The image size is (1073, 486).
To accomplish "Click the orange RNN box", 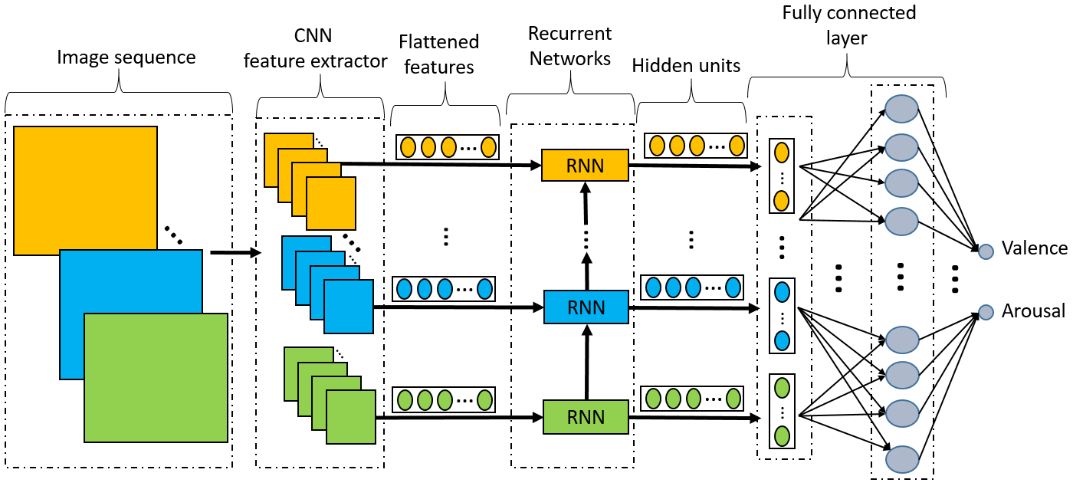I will (585, 166).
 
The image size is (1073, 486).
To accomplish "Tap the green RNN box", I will (586, 417).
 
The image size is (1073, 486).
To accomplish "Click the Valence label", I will (1034, 248).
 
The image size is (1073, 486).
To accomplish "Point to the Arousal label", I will (1034, 311).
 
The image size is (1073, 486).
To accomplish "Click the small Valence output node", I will (986, 251).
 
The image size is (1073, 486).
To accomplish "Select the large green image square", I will (156, 377).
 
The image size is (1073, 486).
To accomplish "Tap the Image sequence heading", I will (126, 57).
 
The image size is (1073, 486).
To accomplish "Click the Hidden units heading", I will (686, 66).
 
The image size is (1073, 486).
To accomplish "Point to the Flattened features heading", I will (439, 54).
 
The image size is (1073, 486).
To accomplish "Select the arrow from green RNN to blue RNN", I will (586, 361).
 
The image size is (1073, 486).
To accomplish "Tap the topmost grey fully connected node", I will (901, 107).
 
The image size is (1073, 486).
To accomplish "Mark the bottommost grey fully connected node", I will (901, 459).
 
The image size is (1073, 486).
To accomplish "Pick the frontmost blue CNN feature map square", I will (348, 307).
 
